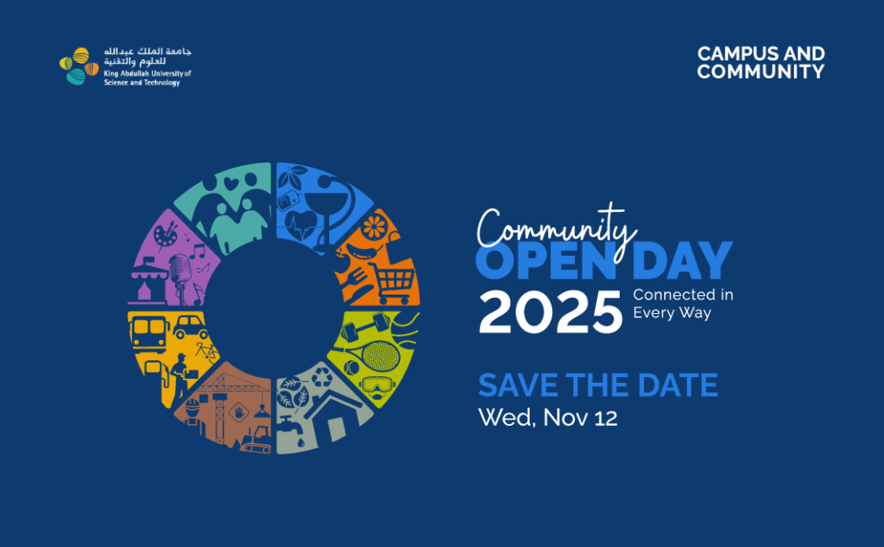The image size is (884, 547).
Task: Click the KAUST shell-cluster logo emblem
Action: point(79,66)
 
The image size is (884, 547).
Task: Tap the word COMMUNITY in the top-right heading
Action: point(760,72)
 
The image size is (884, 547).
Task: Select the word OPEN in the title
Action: point(546,260)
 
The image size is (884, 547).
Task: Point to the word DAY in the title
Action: point(682,260)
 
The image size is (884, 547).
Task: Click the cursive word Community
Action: point(556,231)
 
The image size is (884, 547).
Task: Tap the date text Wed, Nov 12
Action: point(547,417)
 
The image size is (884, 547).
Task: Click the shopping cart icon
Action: point(393,284)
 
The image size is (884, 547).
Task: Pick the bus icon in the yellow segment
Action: point(149,332)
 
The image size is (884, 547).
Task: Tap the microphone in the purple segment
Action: point(180,274)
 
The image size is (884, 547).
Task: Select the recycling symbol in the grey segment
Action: point(322,377)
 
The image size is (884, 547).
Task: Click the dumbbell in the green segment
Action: point(365,327)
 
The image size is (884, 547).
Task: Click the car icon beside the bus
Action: point(190,327)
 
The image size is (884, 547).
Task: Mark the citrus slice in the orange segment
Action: point(374,227)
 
